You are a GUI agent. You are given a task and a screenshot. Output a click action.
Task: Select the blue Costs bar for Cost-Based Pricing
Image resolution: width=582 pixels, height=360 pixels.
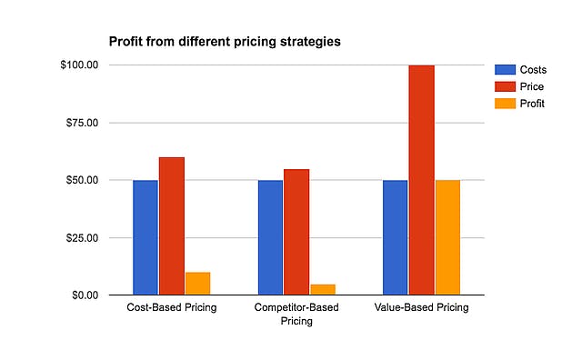[x=145, y=237]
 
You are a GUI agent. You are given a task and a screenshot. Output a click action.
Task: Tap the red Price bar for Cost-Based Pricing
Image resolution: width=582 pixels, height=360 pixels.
[x=171, y=225]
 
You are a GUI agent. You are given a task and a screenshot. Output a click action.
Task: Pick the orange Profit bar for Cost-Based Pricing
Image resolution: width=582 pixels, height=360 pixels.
[x=197, y=284]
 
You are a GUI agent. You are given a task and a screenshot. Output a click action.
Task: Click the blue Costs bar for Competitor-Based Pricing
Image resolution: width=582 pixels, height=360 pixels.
[x=270, y=237]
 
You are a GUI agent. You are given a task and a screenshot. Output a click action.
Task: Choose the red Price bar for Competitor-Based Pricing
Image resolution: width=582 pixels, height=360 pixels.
[x=296, y=232]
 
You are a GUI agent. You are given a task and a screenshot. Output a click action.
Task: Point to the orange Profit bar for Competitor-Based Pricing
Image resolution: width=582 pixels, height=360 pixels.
[x=323, y=289]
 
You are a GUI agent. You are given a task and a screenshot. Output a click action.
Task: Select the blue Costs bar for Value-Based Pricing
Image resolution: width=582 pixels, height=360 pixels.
[x=396, y=237]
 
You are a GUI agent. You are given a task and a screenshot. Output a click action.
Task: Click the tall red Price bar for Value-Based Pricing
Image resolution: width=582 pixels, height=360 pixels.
[x=421, y=180]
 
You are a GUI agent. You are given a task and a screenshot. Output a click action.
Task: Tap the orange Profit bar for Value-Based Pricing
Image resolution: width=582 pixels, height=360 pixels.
[x=447, y=237]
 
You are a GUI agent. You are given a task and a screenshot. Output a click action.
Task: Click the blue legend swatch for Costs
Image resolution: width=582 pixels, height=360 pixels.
[x=503, y=70]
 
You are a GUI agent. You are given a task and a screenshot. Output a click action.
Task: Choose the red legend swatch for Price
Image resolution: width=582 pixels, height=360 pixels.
[x=503, y=87]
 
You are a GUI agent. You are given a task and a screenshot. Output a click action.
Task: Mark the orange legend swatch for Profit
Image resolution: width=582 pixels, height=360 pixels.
[x=503, y=105]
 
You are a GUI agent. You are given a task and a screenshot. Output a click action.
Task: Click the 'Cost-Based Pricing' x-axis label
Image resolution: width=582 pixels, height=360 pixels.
[x=171, y=308]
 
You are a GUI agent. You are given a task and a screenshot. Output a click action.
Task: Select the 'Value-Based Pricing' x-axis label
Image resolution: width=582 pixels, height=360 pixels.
[x=421, y=308]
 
